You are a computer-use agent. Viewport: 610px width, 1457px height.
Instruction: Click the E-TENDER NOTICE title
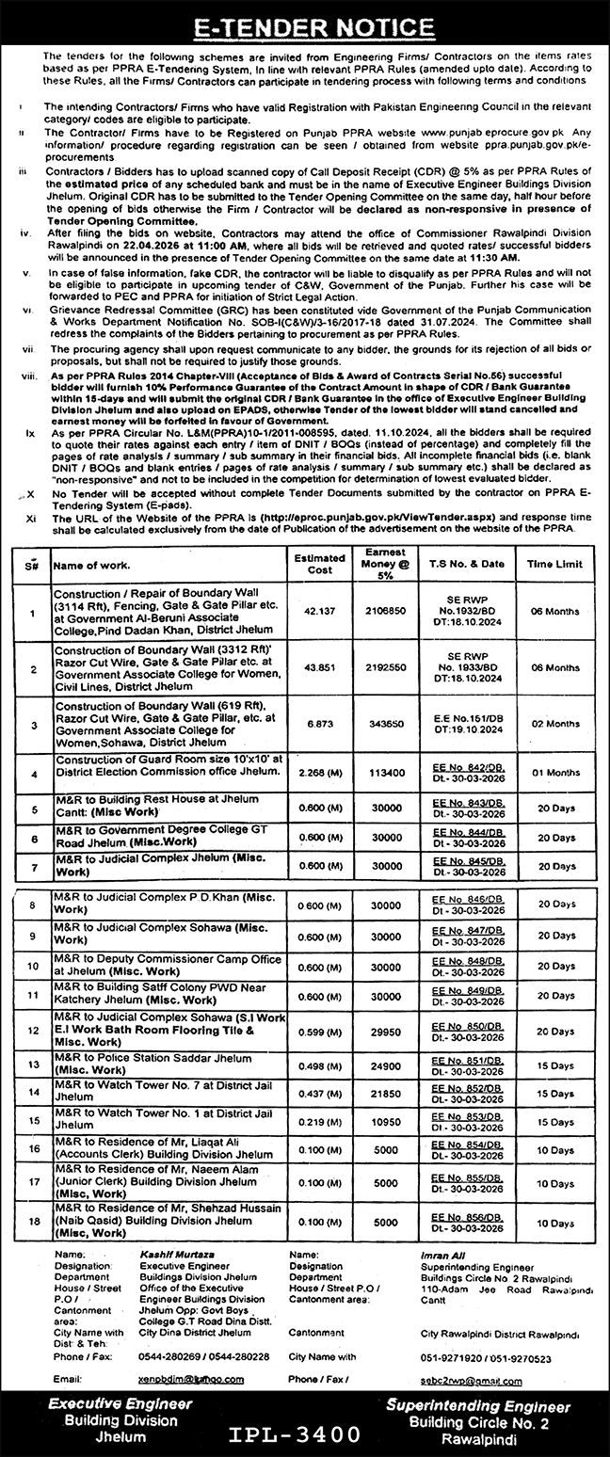click(305, 28)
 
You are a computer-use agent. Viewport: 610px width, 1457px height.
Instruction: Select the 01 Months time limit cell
click(553, 774)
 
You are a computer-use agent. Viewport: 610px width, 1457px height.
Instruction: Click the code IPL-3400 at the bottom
click(294, 1435)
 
